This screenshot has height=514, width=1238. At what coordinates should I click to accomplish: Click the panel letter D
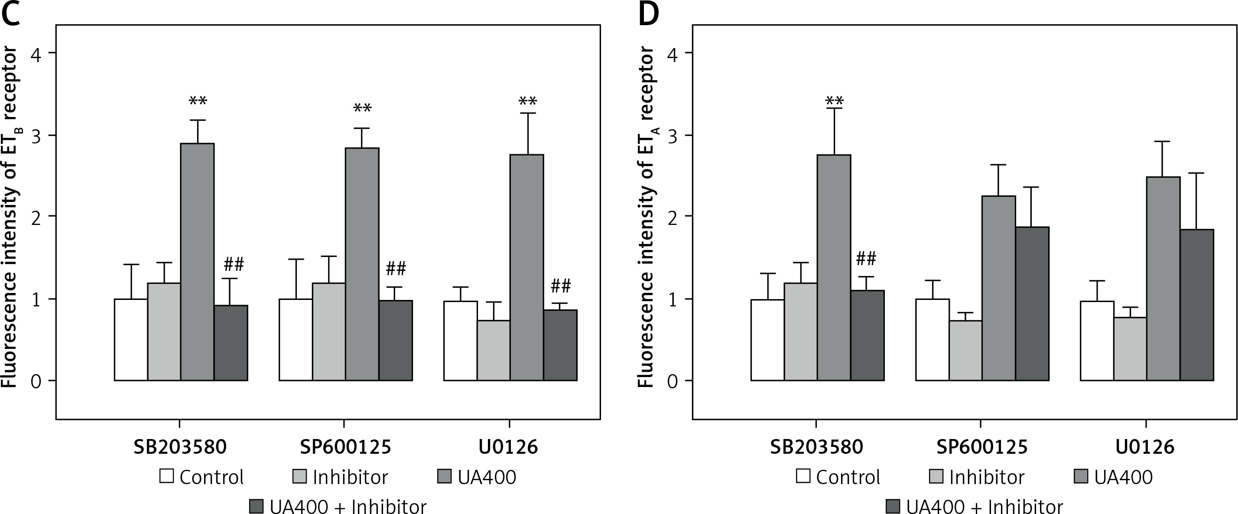tap(649, 13)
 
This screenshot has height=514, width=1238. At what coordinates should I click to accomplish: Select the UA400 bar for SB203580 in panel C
tap(197, 262)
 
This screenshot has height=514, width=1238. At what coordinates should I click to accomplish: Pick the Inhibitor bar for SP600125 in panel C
tap(329, 332)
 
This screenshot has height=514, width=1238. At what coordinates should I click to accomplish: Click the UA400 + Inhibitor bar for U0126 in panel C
tap(560, 345)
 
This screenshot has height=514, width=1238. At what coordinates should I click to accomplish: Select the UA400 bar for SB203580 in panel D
tap(834, 267)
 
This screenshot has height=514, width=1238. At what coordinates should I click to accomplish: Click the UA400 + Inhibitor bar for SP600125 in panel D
tap(1032, 303)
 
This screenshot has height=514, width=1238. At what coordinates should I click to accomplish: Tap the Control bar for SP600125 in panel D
tap(932, 339)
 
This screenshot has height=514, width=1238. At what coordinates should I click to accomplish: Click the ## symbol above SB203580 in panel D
tap(866, 259)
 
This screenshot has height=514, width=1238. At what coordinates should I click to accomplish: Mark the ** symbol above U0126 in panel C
tap(528, 101)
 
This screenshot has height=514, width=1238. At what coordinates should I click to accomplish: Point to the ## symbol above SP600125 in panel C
tap(396, 269)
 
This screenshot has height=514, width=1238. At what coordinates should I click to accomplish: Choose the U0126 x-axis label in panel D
tap(1145, 447)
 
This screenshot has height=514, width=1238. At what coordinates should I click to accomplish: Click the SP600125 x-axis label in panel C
tap(345, 447)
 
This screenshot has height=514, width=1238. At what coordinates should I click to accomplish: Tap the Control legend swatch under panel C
tap(166, 476)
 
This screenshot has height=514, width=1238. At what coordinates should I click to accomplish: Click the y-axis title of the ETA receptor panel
tap(647, 216)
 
